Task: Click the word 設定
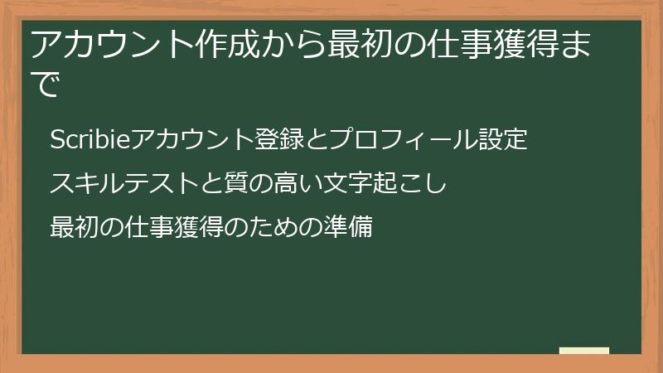point(504,140)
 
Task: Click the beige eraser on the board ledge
point(584,351)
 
